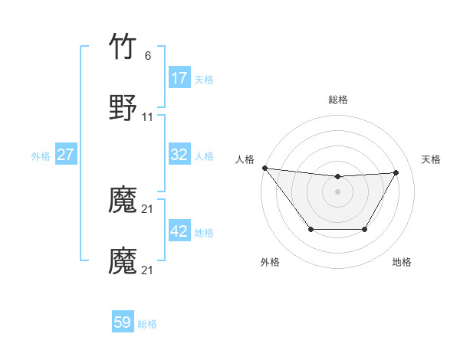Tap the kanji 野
(x=123, y=108)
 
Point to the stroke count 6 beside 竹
(x=148, y=56)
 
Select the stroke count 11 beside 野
(x=148, y=117)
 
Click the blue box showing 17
(x=179, y=78)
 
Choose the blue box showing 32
(x=179, y=155)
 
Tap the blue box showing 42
(x=179, y=231)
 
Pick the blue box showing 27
(x=66, y=155)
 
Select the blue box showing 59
(x=123, y=322)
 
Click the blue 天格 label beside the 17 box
(x=204, y=79)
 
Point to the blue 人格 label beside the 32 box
(x=204, y=155)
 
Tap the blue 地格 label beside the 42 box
(x=204, y=232)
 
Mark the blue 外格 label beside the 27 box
(x=41, y=155)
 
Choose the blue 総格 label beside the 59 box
(x=147, y=323)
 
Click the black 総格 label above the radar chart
(x=337, y=100)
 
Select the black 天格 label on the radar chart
(x=431, y=159)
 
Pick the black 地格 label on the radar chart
(x=402, y=262)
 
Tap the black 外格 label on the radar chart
(x=270, y=262)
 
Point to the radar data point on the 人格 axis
(x=264, y=168)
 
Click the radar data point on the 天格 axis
(x=396, y=172)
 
